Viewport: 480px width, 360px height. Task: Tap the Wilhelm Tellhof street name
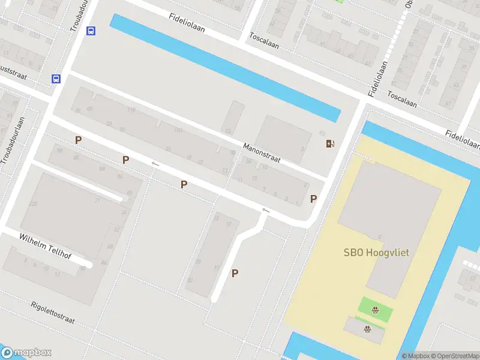click(45, 246)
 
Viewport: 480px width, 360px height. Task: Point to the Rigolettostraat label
click(53, 313)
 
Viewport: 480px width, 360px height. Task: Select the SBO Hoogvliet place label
click(376, 253)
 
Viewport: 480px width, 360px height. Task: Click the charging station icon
click(329, 143)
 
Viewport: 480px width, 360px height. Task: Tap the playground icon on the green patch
click(376, 310)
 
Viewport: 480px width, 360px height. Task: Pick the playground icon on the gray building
click(367, 328)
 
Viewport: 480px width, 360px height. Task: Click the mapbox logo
click(26, 353)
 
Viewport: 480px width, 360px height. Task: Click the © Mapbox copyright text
click(418, 356)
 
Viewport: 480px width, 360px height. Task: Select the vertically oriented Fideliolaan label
click(377, 78)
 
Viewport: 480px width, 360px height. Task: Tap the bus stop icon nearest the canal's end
click(91, 31)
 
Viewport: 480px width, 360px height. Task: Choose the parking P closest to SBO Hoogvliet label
click(313, 199)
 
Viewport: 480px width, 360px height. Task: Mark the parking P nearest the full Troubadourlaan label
click(78, 140)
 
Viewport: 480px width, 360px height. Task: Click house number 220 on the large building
click(33, 204)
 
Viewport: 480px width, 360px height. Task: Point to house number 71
click(97, 200)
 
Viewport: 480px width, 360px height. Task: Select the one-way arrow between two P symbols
click(155, 164)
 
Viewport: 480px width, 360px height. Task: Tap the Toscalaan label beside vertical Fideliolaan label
click(402, 99)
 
